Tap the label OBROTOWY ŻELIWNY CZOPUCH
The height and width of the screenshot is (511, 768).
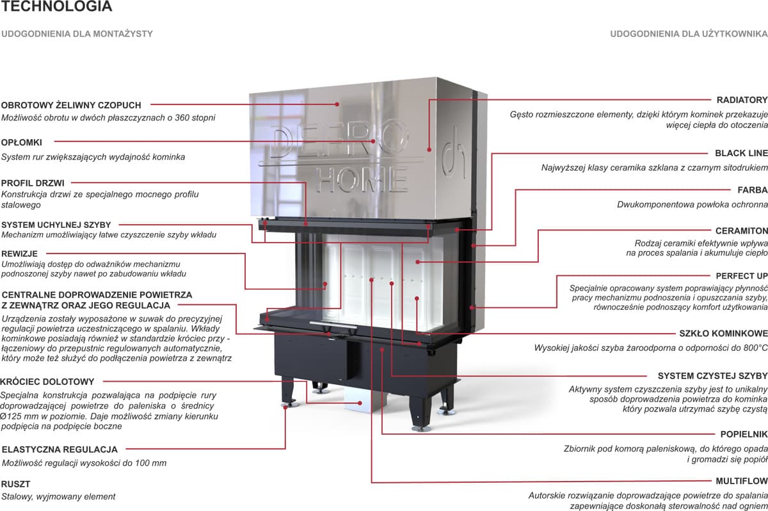[71, 105]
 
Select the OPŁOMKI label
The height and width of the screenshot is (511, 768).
[22, 142]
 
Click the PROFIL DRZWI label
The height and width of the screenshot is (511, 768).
[33, 183]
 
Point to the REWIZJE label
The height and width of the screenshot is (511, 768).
[20, 254]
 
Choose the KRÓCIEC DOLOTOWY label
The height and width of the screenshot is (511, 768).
[48, 382]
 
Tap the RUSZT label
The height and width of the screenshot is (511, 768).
[16, 484]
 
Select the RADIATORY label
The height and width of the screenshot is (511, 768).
[742, 101]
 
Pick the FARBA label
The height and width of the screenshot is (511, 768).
[753, 190]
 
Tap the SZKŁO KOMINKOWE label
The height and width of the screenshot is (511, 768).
[723, 334]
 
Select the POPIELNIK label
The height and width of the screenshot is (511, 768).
[744, 434]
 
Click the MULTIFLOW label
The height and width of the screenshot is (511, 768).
[742, 481]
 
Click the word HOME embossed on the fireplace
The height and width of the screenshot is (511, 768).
[361, 179]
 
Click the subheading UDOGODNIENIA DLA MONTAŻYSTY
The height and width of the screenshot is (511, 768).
[77, 34]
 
